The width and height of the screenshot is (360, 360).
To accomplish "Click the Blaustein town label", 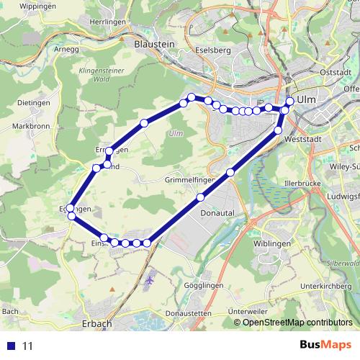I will [155, 44].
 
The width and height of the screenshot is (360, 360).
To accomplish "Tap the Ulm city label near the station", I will [307, 100].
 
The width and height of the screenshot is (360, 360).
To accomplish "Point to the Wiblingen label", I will [273, 244].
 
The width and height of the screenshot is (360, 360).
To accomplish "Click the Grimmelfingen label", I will [190, 179].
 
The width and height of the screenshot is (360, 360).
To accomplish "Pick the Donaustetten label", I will [188, 315].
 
